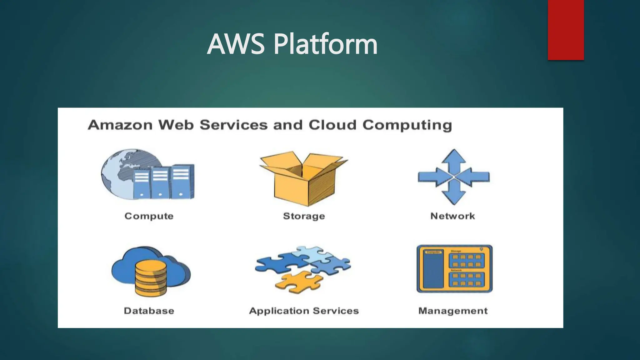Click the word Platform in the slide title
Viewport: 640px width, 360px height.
pos(325,44)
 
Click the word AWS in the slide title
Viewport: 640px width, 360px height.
pos(236,44)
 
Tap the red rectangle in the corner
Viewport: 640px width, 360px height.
pos(566,30)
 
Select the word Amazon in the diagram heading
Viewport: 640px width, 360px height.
pos(120,125)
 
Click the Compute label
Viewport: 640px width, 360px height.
pos(149,216)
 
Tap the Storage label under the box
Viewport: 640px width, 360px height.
pos(304,216)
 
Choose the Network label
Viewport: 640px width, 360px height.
pos(452,216)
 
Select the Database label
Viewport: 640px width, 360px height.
pos(149,311)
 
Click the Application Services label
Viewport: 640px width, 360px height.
pos(304,311)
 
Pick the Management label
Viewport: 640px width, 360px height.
pos(453,311)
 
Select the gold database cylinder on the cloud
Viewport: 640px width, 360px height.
pos(151,278)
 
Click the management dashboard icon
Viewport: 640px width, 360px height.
pos(454,269)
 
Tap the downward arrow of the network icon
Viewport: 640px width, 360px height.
pos(454,195)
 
